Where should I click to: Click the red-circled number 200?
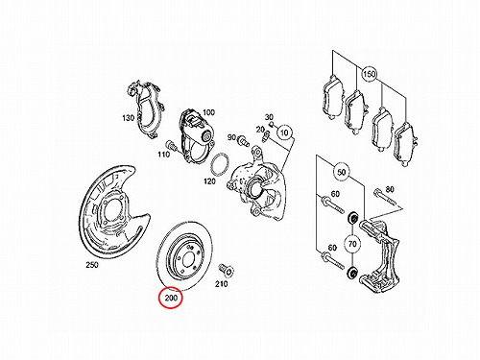(171, 299)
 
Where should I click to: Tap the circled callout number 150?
(369, 74)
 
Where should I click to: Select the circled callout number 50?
(342, 172)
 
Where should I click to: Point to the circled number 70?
(352, 244)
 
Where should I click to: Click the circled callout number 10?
(284, 132)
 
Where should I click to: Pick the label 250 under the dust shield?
(92, 265)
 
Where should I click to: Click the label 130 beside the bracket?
(128, 118)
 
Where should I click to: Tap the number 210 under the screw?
(222, 284)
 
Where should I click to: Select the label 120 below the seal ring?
(209, 181)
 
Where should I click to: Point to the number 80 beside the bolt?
(390, 190)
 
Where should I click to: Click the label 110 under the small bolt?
(163, 155)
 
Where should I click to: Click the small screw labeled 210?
(227, 270)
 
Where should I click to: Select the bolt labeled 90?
(244, 140)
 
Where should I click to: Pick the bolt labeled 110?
(172, 145)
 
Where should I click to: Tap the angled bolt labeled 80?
(385, 198)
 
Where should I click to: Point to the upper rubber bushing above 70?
(353, 219)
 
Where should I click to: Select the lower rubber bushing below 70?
(352, 273)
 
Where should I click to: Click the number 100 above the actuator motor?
(208, 112)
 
